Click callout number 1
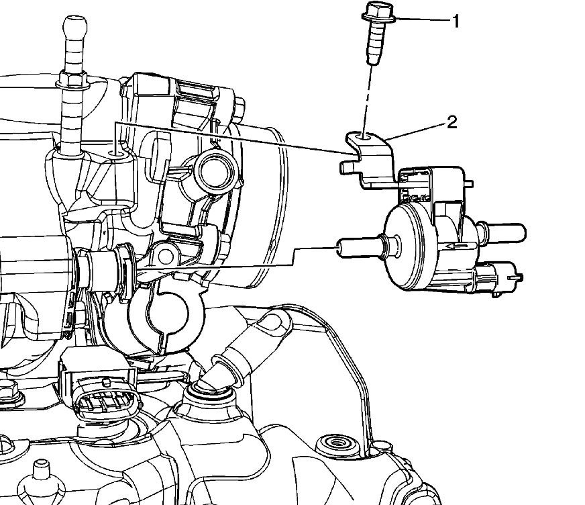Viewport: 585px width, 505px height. click(x=456, y=21)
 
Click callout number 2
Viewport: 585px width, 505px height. click(x=451, y=122)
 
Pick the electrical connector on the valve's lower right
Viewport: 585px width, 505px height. click(x=497, y=277)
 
